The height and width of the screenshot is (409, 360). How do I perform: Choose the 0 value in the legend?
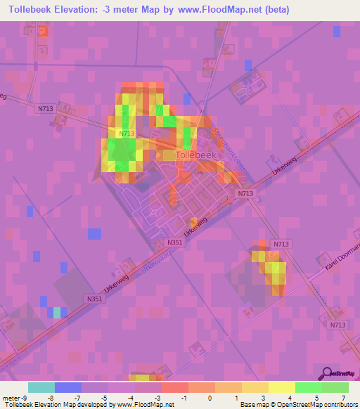click(x=209, y=397)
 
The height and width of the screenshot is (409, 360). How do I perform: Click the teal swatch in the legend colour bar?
click(x=41, y=387)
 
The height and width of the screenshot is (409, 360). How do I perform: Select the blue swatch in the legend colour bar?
click(x=67, y=387)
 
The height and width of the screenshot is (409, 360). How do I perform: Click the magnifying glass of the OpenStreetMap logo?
click(x=324, y=372)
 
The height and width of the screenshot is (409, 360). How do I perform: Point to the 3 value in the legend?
click(x=263, y=397)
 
